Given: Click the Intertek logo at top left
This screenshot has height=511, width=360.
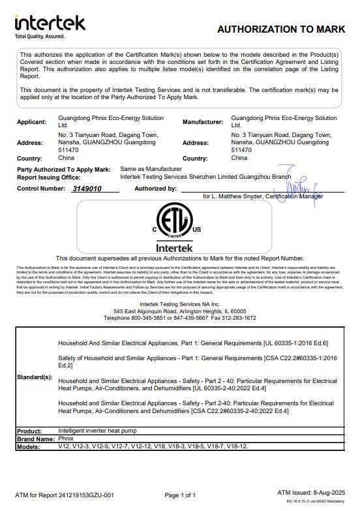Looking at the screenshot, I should point(50,23).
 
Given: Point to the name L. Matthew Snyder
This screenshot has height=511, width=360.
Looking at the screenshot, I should point(237,196).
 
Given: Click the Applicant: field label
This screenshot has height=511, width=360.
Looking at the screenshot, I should point(31,122).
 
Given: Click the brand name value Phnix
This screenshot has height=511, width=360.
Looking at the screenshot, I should point(66,439).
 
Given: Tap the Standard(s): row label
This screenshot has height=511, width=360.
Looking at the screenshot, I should point(34,377).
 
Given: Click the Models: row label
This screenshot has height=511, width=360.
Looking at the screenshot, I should point(30,446).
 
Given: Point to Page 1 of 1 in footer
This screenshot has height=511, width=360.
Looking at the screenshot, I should point(180,495).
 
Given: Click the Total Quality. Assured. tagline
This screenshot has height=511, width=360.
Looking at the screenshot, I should point(40,37).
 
